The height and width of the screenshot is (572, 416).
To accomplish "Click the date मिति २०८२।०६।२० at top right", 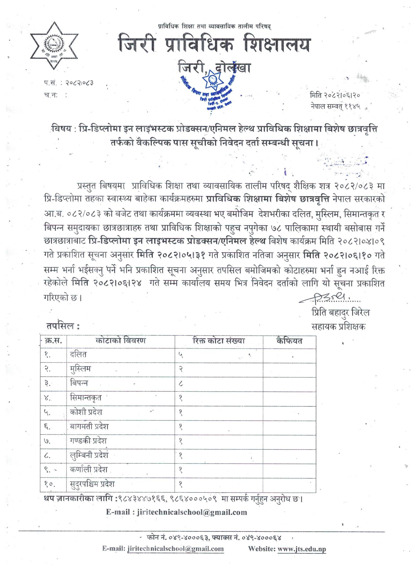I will pos(335,95).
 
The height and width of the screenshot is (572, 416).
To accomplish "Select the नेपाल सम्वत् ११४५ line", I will pos(335,106).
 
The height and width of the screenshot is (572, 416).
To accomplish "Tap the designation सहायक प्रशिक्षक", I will pos(338,327).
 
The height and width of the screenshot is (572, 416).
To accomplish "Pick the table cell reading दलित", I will pos(78,355).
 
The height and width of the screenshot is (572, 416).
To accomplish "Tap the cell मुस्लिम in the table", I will pos(81,369).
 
